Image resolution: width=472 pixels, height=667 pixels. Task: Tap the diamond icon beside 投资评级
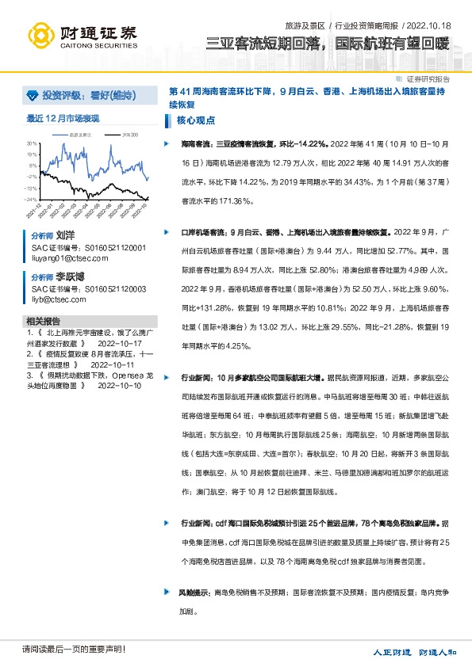[x=32, y=96]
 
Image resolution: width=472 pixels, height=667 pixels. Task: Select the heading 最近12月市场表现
[x=63, y=118]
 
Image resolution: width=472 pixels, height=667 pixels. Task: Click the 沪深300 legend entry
[x=131, y=135]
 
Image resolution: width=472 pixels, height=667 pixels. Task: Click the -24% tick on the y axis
[x=29, y=200]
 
